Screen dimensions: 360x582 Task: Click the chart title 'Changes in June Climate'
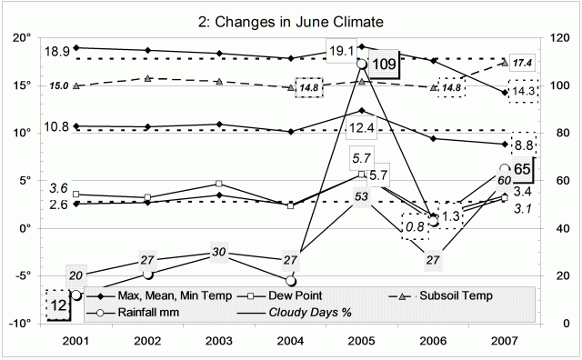click(x=291, y=20)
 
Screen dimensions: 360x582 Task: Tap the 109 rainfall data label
click(x=384, y=65)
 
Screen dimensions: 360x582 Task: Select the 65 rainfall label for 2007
click(x=522, y=169)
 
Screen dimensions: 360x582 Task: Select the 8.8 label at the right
click(x=524, y=145)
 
